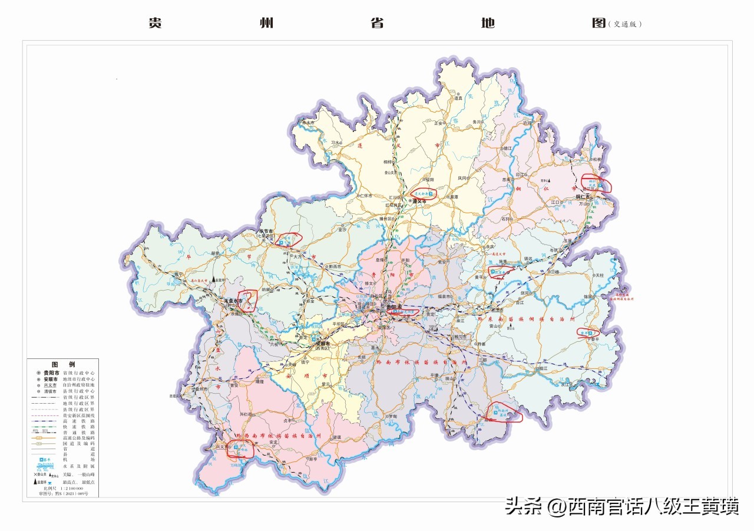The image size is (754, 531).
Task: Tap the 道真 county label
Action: click(x=458, y=98)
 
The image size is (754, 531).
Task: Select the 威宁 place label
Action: click(x=180, y=275)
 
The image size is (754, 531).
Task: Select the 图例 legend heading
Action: click(x=63, y=364)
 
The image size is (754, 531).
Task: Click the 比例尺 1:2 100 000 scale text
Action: click(x=63, y=489)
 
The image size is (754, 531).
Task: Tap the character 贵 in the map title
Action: click(x=156, y=24)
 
